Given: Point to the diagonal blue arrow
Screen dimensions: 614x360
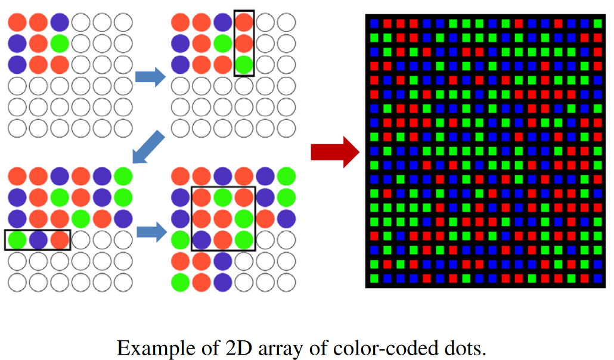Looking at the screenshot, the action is pyautogui.click(x=147, y=147).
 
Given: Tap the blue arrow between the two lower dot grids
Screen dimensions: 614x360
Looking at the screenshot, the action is pyautogui.click(x=150, y=231).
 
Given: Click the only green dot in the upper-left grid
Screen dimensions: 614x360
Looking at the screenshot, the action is pyautogui.click(x=59, y=44).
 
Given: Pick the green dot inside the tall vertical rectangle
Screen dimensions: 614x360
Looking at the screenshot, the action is pyautogui.click(x=243, y=63).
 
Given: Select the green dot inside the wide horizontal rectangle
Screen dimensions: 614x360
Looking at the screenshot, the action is pyautogui.click(x=17, y=240).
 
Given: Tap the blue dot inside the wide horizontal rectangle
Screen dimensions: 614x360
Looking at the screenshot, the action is pyautogui.click(x=38, y=240).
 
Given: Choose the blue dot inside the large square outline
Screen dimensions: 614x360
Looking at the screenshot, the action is pyautogui.click(x=201, y=240).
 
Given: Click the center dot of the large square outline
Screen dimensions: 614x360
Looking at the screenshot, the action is pyautogui.click(x=222, y=218).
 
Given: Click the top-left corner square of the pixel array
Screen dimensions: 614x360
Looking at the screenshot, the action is pyautogui.click(x=374, y=23).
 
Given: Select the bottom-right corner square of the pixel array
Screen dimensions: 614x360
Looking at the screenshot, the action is pyautogui.click(x=597, y=278).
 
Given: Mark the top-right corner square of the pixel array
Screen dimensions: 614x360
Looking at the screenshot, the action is pyautogui.click(x=597, y=23).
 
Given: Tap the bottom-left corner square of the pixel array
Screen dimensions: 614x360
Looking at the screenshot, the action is pyautogui.click(x=374, y=278).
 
